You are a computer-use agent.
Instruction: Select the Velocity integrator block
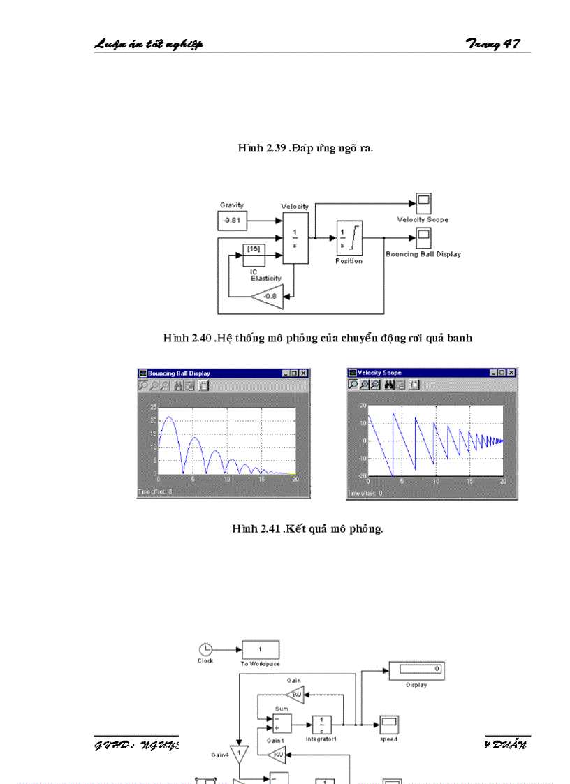coord(295,238)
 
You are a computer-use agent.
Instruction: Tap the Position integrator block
coord(349,239)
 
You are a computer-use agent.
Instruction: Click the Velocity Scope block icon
coord(423,203)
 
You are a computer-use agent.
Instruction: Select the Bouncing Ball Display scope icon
coord(423,238)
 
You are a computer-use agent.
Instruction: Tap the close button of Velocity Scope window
coord(511,373)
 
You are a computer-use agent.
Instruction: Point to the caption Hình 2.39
coord(305,148)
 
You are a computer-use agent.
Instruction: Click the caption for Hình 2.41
coord(307,528)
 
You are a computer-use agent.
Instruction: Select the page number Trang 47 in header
coord(492,45)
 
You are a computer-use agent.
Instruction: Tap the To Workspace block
coord(261,649)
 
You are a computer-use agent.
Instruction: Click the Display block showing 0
coord(416,670)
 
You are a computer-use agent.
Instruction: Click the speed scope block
coord(389,724)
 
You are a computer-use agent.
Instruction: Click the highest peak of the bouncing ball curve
coord(168,417)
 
